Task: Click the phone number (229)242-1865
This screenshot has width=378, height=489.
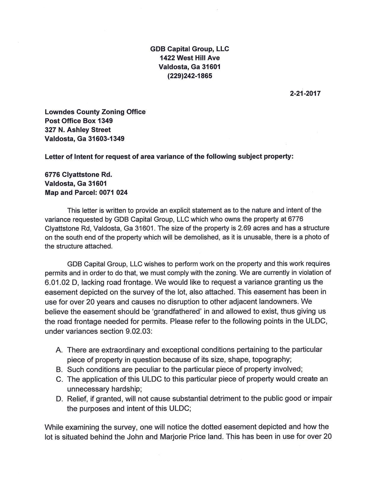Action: pos(190,76)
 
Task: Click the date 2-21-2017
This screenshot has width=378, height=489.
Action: pos(305,94)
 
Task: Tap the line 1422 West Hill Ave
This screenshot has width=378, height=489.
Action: pos(190,58)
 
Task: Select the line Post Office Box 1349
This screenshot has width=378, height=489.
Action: pos(79,121)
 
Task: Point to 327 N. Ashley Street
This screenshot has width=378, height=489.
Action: pos(78,130)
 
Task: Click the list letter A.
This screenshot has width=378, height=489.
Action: pos(59,350)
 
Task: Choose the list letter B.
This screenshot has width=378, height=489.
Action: pos(59,369)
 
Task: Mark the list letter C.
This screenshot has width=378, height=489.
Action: pos(59,379)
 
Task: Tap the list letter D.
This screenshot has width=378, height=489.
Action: pos(59,399)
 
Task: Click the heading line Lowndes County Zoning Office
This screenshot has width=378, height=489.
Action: pos(95,112)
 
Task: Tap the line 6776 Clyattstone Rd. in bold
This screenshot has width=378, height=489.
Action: pos(78,174)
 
